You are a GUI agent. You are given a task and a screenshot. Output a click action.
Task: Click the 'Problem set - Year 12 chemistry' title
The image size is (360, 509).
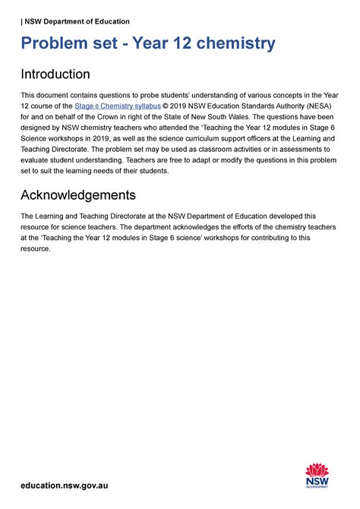[147, 44]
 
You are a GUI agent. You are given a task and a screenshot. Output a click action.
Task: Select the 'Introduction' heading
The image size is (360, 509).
[55, 74]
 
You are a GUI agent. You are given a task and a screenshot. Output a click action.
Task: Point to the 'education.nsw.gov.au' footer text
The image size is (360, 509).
[65, 485]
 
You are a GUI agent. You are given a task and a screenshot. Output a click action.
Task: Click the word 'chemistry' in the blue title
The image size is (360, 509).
[239, 44]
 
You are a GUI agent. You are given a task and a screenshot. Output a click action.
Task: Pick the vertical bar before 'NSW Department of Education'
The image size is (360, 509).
[21, 21]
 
